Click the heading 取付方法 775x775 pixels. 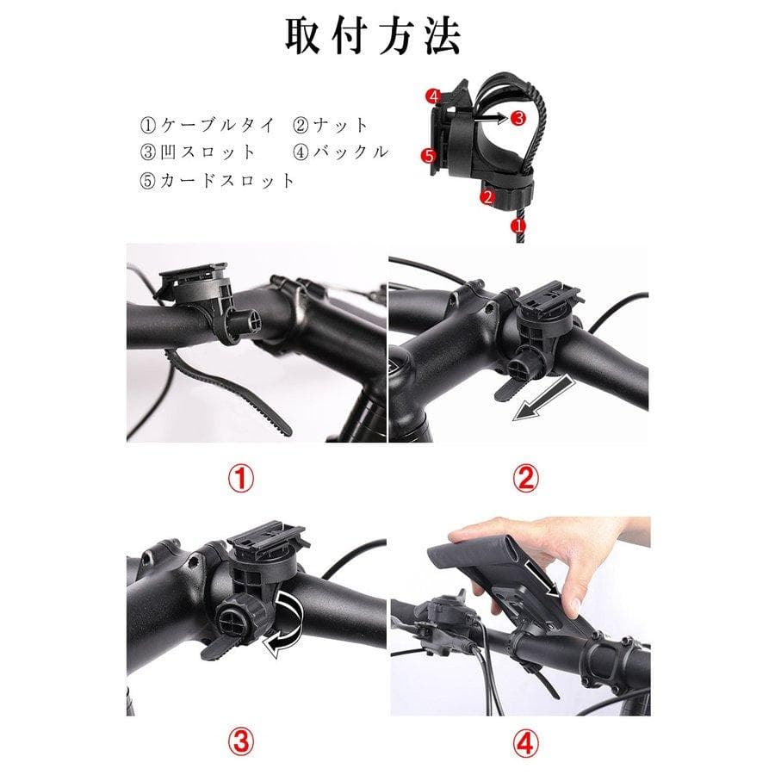(x=373, y=36)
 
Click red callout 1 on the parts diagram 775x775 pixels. (x=518, y=226)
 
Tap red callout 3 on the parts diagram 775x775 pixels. (x=518, y=118)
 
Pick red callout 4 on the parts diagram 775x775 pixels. (x=433, y=96)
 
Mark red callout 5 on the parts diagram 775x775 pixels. (x=428, y=156)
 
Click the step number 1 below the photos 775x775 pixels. (x=241, y=479)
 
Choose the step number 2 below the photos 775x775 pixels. (x=525, y=479)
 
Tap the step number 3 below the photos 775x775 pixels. (x=241, y=742)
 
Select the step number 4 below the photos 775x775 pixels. (x=525, y=742)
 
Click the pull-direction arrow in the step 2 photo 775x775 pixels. (x=543, y=398)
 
